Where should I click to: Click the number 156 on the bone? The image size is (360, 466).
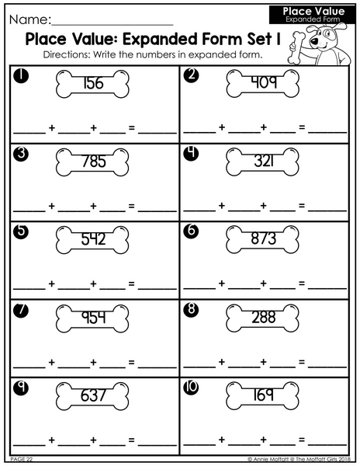pos(93,83)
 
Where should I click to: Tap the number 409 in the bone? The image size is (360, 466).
pos(264,82)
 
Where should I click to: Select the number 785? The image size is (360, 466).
pos(93,162)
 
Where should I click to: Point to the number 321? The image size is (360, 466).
pos(264,161)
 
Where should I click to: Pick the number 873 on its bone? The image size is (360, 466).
pos(264,238)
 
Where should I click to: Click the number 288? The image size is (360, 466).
pos(264,317)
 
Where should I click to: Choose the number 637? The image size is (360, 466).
pos(93,395)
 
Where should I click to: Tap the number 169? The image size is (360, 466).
pos(263,395)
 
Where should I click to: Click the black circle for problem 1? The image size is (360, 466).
pos(21,76)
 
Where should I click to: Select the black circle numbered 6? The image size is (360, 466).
pos(191,231)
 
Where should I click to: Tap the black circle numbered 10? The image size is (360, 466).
pos(191,388)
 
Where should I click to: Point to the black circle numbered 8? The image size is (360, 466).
pos(191,309)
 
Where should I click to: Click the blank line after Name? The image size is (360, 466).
pos(112,25)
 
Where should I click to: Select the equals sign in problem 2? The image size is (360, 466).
pos(302,127)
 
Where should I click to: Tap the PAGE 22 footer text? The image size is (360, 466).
pos(22,459)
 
